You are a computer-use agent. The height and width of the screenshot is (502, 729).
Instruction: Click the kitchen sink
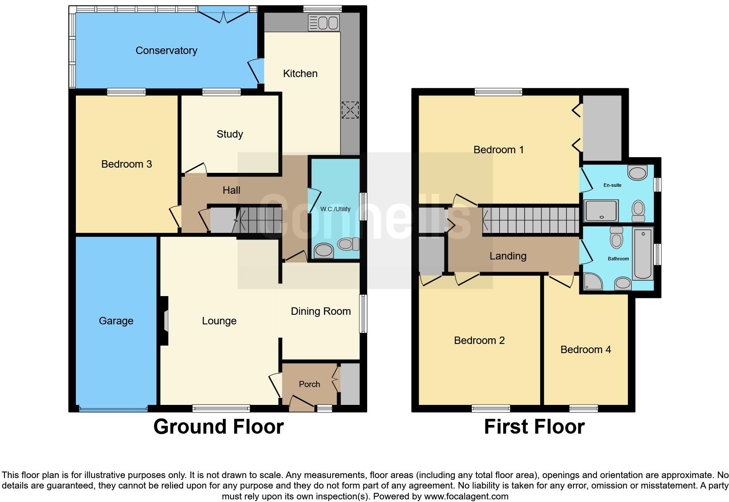click(324, 22)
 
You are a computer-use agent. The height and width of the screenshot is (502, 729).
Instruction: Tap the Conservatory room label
click(166, 51)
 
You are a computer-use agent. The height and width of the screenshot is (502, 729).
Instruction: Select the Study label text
click(229, 134)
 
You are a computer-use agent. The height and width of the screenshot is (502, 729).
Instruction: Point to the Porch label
click(309, 384)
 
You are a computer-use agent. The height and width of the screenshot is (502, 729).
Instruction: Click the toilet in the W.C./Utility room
click(347, 244)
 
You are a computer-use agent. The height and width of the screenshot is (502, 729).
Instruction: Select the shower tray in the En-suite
click(601, 211)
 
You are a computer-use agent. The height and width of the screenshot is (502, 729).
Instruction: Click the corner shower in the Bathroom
click(592, 282)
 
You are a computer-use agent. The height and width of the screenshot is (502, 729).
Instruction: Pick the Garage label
click(116, 321)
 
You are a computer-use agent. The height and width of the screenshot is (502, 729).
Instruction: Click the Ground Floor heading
click(218, 427)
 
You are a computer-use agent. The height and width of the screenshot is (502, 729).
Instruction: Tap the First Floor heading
click(534, 427)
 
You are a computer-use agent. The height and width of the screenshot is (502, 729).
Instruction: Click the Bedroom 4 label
click(585, 350)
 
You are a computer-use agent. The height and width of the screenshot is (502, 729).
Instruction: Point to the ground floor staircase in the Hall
click(257, 220)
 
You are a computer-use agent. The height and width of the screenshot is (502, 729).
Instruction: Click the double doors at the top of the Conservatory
click(223, 17)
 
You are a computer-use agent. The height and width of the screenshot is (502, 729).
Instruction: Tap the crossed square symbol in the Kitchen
click(350, 110)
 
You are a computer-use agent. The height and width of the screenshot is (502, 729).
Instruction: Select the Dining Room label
click(320, 311)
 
